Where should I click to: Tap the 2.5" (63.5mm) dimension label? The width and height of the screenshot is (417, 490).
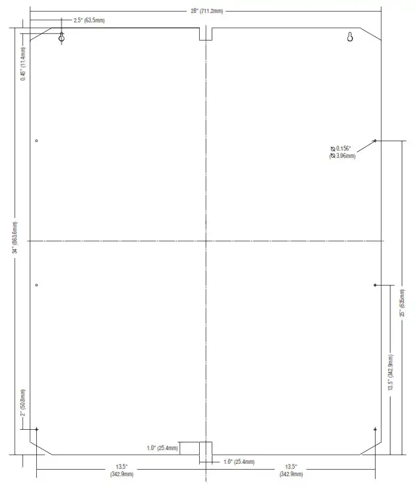(89, 20)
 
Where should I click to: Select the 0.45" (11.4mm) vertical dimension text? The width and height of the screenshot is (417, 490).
(23, 65)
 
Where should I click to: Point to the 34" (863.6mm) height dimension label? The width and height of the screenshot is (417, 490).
(14, 238)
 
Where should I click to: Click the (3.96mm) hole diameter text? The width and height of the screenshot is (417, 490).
(342, 156)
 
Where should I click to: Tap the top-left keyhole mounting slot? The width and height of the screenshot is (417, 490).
(62, 37)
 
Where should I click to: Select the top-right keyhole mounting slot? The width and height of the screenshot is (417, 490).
(350, 37)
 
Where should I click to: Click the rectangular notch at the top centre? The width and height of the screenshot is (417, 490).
(206, 34)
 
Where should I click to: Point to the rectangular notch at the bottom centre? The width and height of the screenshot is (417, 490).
(206, 449)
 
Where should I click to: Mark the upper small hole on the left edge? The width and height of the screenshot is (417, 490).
(36, 141)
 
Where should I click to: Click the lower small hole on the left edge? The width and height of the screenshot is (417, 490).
(36, 285)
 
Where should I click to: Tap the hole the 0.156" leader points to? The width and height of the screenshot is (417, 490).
(374, 141)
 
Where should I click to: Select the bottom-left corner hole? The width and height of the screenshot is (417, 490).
(36, 430)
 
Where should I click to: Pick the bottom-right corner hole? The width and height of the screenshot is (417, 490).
(374, 430)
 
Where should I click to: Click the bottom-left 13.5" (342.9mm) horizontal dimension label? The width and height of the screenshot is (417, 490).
(121, 470)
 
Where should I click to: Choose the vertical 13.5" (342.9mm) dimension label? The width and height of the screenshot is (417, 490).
(390, 373)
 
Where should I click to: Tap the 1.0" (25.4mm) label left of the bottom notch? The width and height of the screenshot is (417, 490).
(162, 448)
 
